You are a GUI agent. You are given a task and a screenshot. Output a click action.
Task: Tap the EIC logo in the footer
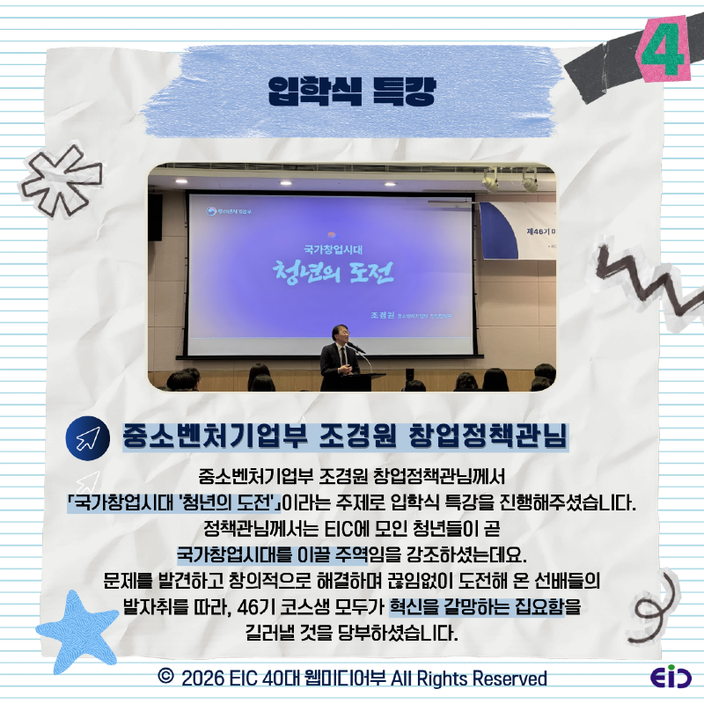pos(671,678)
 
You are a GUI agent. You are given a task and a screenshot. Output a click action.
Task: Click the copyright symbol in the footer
pos(164,678)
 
